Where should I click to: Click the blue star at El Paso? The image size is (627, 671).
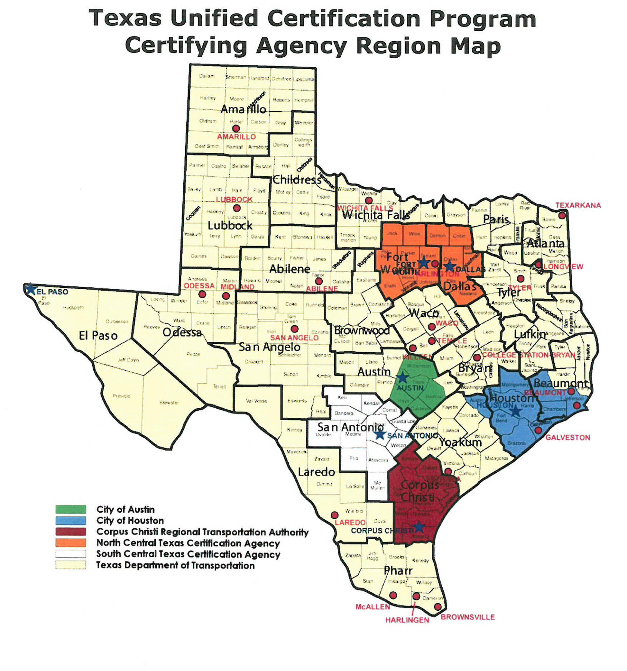30,289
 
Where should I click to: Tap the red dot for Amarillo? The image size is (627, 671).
236,128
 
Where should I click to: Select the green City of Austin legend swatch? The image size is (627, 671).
71,509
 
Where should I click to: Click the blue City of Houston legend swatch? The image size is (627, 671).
71,520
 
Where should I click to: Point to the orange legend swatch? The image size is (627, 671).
71,543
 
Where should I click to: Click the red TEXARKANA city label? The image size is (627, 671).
578,205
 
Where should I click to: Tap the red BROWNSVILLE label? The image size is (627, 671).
468,617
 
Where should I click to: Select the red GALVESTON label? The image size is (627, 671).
567,437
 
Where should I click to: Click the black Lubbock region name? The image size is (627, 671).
230,225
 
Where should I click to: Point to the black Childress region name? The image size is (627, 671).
297,180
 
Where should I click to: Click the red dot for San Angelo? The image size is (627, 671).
295,329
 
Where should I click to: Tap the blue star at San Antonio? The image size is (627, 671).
380,435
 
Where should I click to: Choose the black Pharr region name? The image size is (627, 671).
398,571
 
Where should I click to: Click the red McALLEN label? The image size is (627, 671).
373,607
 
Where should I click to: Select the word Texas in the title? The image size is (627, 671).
125,18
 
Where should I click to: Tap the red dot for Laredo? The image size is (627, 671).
335,515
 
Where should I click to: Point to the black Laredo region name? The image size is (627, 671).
317,472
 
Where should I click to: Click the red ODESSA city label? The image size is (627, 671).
199,286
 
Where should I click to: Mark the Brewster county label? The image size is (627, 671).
169,403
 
